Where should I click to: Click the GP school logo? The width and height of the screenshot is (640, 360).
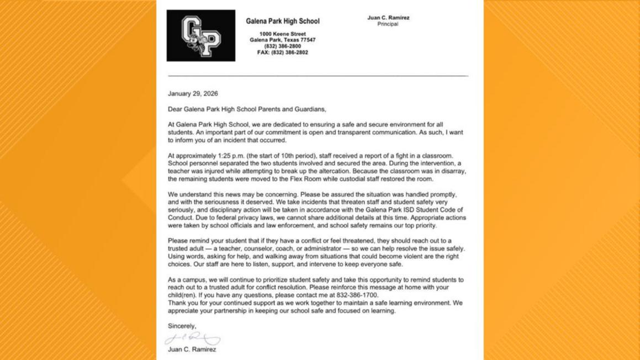[201, 35]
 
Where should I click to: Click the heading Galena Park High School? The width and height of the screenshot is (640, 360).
[282, 22]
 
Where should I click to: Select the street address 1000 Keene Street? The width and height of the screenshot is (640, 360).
[282, 34]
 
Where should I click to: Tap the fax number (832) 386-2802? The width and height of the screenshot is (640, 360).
[282, 52]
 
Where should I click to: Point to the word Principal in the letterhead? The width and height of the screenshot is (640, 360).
[388, 24]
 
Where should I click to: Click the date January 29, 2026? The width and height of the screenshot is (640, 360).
[193, 94]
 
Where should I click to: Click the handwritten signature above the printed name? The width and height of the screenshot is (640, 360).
[192, 338]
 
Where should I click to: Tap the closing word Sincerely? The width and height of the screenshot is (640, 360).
[182, 326]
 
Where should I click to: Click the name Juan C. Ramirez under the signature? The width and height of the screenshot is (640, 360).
[192, 350]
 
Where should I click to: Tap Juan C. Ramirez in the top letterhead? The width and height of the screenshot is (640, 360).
[388, 18]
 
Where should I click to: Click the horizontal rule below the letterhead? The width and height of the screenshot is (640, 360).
[318, 76]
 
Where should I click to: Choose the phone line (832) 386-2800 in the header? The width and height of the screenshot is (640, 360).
[282, 46]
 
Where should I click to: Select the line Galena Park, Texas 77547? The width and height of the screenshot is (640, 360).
[282, 40]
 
